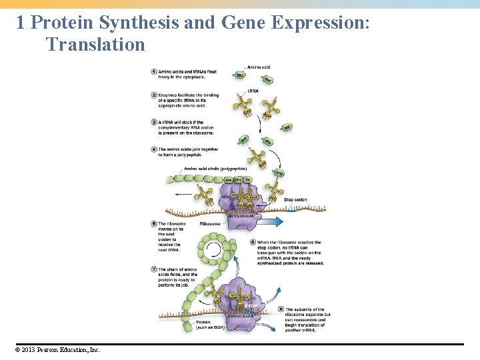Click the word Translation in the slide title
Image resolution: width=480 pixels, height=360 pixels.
[x=95, y=45]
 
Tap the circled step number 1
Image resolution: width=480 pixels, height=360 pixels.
[x=154, y=71]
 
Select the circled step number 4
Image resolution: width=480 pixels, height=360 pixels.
[x=154, y=150]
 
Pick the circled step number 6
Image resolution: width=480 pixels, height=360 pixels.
[x=253, y=242]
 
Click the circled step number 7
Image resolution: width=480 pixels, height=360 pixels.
[x=154, y=269]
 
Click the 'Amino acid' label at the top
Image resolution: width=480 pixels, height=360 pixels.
[x=258, y=67]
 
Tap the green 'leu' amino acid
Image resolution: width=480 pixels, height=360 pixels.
[x=241, y=75]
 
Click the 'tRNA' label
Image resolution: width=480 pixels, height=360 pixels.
[x=253, y=91]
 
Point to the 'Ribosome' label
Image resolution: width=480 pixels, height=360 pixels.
[x=210, y=224]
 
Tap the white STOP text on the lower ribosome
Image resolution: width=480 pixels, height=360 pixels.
[x=251, y=306]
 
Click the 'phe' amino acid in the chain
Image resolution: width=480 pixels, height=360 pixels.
[x=238, y=179]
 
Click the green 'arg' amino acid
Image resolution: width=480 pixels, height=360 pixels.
[x=279, y=173]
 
